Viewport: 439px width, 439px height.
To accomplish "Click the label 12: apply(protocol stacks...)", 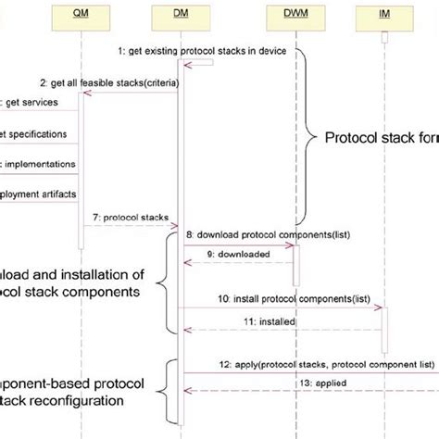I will pos(314,364).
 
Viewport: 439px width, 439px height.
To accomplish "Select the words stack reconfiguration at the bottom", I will pos(61,402).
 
